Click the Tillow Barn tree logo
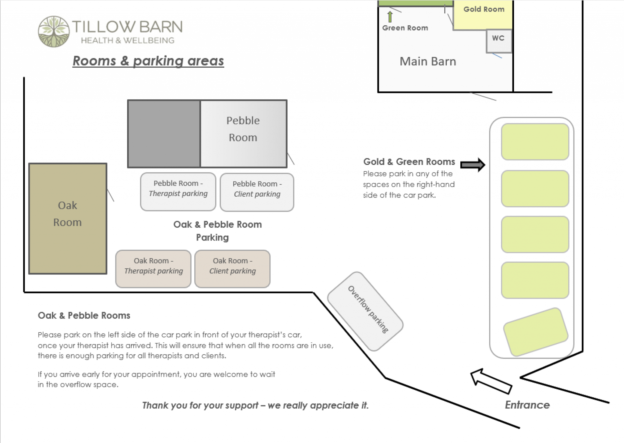(x=54, y=31)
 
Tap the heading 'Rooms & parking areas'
(x=148, y=61)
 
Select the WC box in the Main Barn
(x=499, y=41)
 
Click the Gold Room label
(x=484, y=9)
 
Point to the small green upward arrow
(x=390, y=16)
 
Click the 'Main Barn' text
(x=428, y=62)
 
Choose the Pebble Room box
(x=243, y=134)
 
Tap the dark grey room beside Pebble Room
(x=164, y=134)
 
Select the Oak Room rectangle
(x=68, y=219)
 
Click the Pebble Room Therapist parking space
(x=178, y=192)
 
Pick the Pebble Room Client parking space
(x=257, y=192)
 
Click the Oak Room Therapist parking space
(x=153, y=269)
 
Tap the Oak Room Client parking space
(x=232, y=269)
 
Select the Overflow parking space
(x=365, y=311)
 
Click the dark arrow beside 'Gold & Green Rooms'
(x=473, y=165)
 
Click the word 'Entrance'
(x=527, y=405)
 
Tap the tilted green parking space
(x=536, y=332)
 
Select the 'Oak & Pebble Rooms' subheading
(x=84, y=316)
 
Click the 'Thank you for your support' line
(x=255, y=405)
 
